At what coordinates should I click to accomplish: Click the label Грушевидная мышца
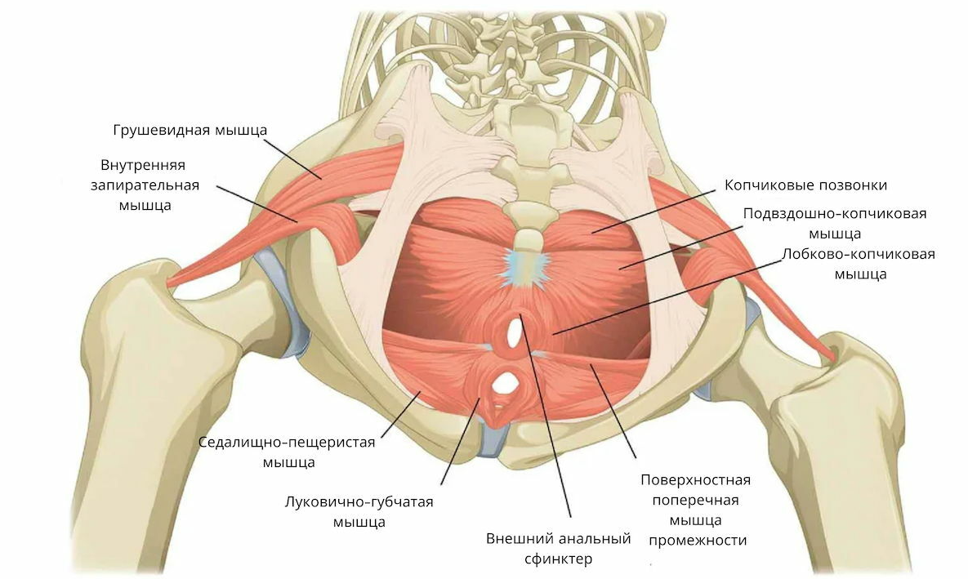pyautogui.click(x=190, y=130)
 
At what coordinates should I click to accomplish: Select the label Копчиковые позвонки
pyautogui.click(x=805, y=185)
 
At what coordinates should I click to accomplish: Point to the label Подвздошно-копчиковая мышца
pyautogui.click(x=834, y=223)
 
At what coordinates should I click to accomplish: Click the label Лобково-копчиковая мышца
pyautogui.click(x=858, y=263)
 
